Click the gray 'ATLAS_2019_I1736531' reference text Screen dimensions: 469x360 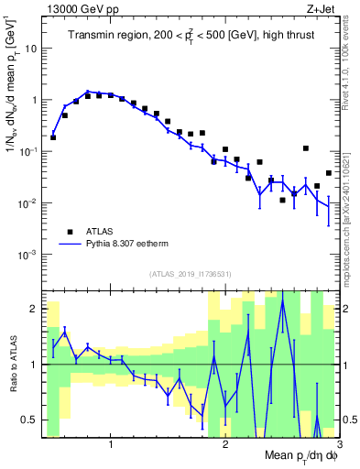[x=191, y=274]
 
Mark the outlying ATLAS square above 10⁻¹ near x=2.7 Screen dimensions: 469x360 [x=306, y=148]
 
